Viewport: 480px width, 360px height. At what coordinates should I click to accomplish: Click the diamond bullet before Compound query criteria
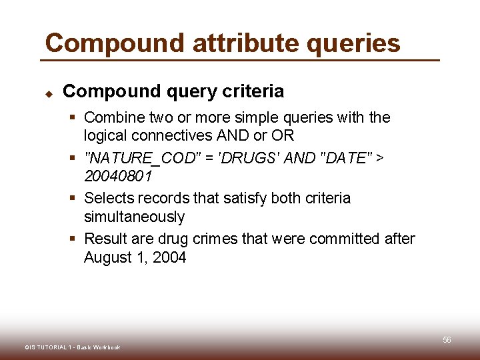pos(48,93)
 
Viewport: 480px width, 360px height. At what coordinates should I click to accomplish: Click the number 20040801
pos(118,177)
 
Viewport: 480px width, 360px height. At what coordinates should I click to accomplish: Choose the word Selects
pos(109,199)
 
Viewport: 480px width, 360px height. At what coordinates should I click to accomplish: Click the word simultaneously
pos(134,217)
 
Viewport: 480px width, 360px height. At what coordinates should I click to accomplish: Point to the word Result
pos(104,239)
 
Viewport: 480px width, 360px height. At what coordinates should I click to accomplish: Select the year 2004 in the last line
pos(169,258)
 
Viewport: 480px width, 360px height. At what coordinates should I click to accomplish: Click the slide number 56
pos(447,340)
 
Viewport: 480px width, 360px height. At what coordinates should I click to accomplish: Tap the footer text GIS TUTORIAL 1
pos(47,347)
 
